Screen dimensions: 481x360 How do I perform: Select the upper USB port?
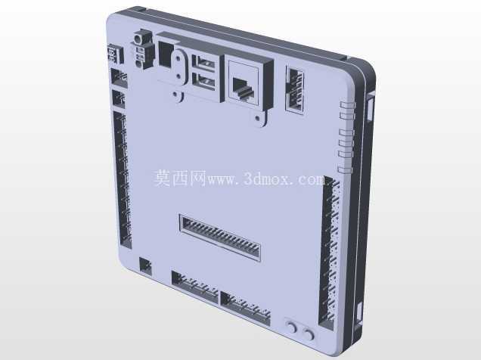[x=204, y=63]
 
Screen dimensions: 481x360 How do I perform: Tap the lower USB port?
[x=204, y=80]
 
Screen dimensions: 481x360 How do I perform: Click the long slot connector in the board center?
[x=220, y=237]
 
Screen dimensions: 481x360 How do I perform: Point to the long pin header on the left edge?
[x=123, y=180]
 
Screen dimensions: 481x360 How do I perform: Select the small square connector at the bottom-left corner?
[x=145, y=265]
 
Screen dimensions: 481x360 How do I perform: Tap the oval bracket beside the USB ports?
[x=178, y=67]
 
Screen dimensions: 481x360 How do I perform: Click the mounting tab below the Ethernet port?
[x=259, y=118]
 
